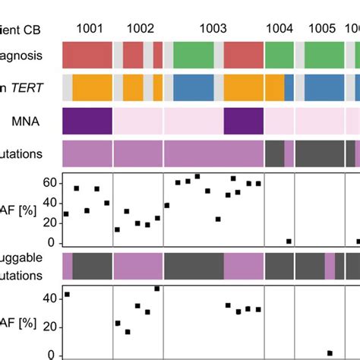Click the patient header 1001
tap(87, 28)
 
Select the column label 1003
tap(213, 28)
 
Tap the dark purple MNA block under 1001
tap(87, 121)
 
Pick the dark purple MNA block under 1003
tap(243, 121)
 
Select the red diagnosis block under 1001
tap(87, 55)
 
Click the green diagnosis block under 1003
tap(194, 55)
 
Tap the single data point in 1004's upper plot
tap(289, 241)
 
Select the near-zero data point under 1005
tap(330, 352)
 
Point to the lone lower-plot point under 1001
tap(67, 294)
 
